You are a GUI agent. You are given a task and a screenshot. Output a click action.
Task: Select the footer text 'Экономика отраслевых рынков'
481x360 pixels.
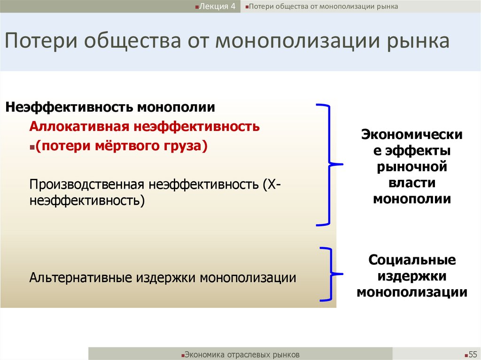(x=241, y=354)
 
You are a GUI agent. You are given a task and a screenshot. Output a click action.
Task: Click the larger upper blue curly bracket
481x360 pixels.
(x=330, y=164)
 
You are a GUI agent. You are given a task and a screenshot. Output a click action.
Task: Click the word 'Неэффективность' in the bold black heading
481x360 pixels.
(x=69, y=107)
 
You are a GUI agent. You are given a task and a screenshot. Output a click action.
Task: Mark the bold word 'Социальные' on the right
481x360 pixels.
(x=412, y=260)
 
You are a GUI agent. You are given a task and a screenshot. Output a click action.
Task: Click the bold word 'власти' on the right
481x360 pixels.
(x=412, y=183)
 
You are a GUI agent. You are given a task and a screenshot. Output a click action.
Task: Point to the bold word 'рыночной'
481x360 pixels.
(x=412, y=167)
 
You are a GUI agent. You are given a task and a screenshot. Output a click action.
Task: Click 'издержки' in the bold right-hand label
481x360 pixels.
(x=412, y=276)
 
